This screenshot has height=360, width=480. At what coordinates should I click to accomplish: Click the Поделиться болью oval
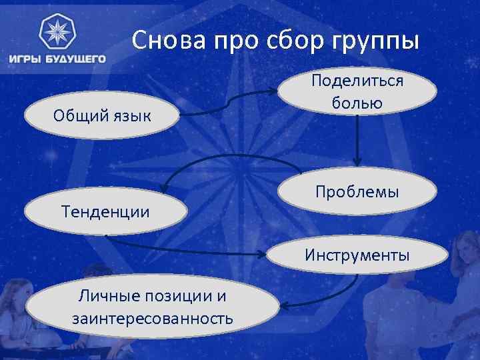coord(357,92)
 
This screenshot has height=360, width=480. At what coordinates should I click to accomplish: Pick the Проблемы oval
coord(357,192)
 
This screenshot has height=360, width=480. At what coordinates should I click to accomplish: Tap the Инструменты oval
coord(357,255)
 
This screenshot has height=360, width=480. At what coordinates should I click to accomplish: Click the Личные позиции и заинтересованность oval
coord(153,307)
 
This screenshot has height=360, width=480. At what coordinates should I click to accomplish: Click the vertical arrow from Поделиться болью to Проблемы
coord(358,141)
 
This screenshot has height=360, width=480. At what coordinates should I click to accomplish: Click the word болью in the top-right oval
coord(357,103)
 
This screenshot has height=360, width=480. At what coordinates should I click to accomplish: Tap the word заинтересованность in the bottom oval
coord(153,319)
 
